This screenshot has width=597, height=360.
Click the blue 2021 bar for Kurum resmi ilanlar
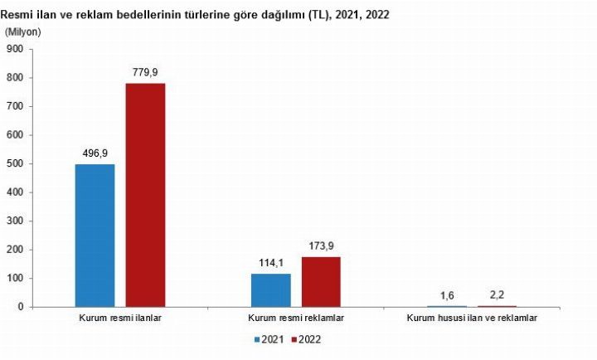click(x=95, y=236)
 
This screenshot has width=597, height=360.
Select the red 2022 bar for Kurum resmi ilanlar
click(x=145, y=195)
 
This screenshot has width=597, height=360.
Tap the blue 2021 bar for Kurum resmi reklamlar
click(x=270, y=290)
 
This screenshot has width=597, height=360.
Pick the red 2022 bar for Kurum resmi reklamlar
click(x=321, y=282)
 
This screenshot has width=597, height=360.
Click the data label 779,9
click(x=145, y=72)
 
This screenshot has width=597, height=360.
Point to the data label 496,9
click(x=95, y=153)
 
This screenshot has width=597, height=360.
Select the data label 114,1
click(x=270, y=263)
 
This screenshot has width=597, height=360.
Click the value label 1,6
click(x=447, y=295)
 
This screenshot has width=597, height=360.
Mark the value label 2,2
click(x=497, y=295)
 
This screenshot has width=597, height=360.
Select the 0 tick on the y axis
click(x=20, y=307)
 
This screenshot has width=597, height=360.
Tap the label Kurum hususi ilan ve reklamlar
click(x=472, y=319)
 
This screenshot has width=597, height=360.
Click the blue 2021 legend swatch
click(x=258, y=339)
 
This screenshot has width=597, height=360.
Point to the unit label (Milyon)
click(x=22, y=32)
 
